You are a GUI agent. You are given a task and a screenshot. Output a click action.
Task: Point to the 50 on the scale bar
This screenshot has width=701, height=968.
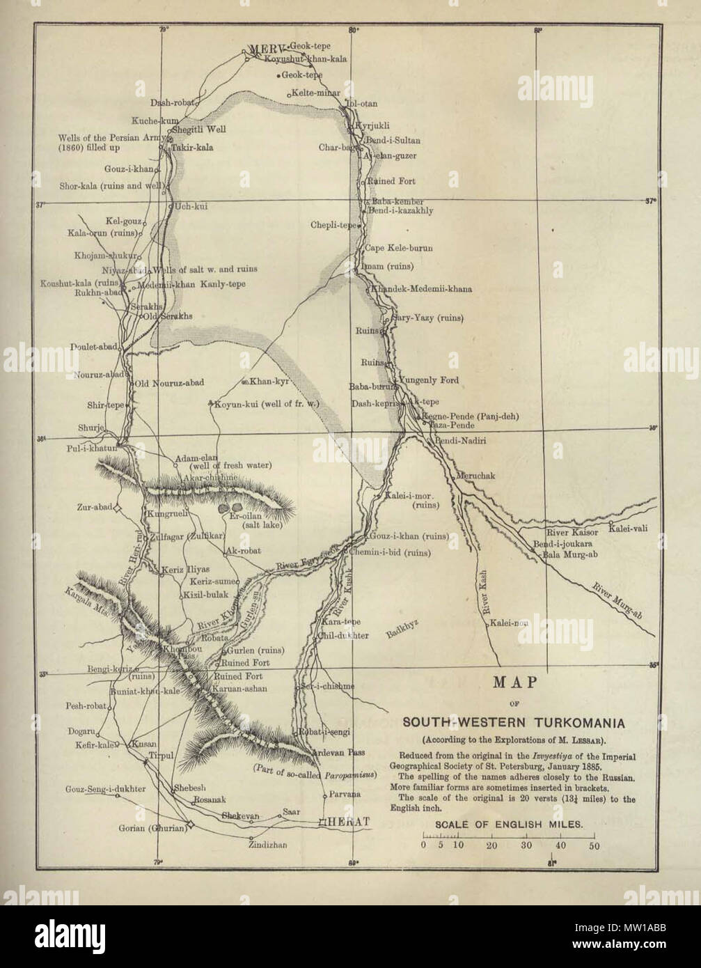tap(594, 847)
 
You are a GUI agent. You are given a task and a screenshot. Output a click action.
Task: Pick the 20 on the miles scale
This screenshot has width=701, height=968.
tap(491, 847)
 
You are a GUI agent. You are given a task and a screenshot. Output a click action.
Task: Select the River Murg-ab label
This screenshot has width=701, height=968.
tap(616, 600)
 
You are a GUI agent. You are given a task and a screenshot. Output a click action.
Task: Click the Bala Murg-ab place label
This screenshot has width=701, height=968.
tap(567, 554)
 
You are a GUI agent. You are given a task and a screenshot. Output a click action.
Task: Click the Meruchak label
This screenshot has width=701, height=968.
tap(476, 475)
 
